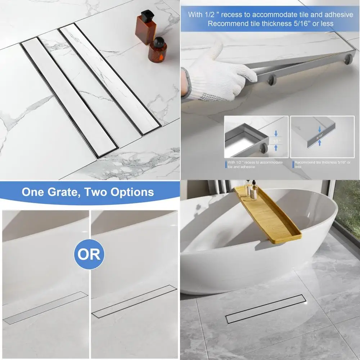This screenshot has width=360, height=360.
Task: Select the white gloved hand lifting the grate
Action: pos(216,74)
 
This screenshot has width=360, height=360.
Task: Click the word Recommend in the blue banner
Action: pos(223,24)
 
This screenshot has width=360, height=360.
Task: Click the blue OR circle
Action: pos(89,255)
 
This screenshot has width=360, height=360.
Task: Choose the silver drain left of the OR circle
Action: pos(45,308)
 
